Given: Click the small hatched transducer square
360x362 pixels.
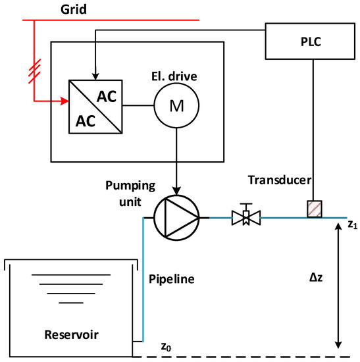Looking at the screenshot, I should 313,208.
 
